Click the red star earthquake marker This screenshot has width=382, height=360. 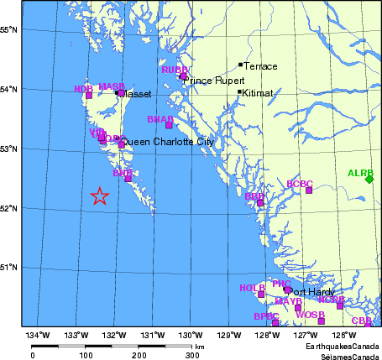99,196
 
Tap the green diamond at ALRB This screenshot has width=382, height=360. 369,179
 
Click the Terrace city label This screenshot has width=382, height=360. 260,65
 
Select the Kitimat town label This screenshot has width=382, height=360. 257,93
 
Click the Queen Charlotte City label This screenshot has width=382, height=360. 168,143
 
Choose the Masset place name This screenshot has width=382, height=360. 134,95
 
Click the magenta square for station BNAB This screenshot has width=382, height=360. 169,125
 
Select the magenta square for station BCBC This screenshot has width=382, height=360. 309,190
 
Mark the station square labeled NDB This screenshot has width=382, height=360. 89,95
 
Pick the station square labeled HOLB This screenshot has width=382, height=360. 261,294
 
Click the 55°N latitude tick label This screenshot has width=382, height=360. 10,29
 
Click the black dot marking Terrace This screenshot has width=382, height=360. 240,65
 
